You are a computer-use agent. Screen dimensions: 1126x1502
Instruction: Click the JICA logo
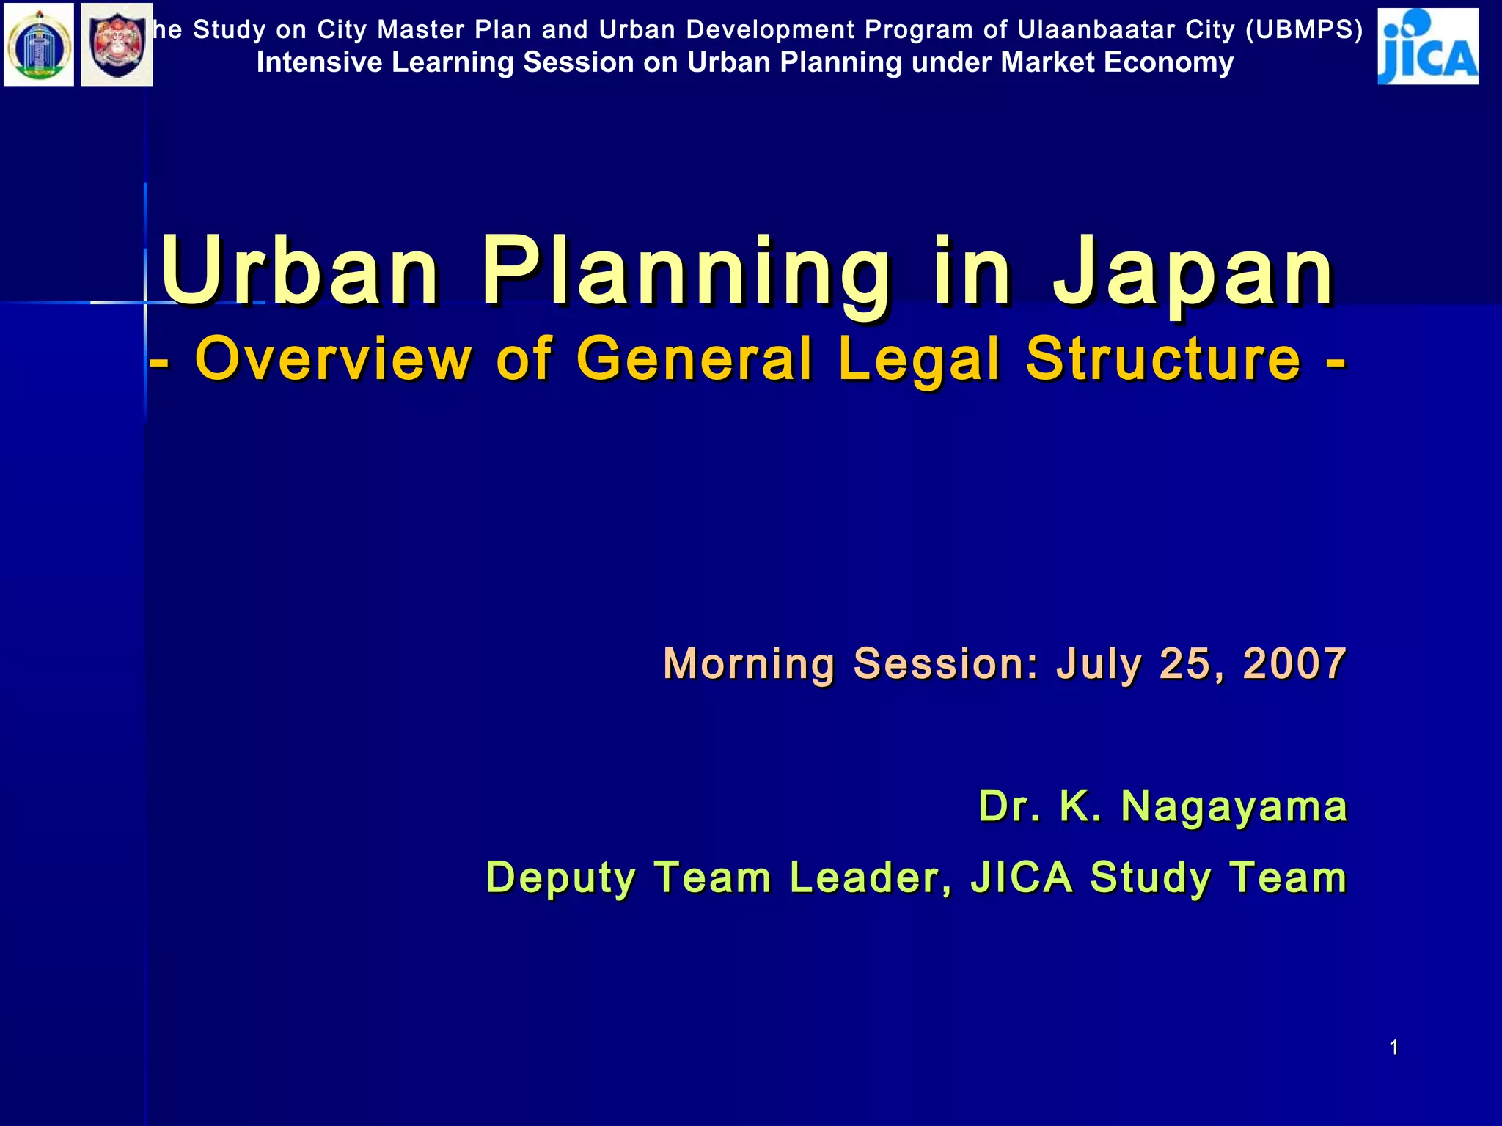(1427, 46)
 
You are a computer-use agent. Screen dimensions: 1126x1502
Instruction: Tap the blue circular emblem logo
(39, 45)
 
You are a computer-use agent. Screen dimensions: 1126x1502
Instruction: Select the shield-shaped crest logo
(117, 45)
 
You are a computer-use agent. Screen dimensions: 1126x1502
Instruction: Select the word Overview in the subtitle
(334, 358)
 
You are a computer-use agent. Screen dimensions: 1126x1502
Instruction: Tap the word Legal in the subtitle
(919, 360)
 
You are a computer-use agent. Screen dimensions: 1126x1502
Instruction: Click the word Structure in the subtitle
(1163, 358)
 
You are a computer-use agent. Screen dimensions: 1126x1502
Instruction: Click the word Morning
(749, 664)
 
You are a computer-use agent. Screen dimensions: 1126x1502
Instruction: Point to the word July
(1099, 664)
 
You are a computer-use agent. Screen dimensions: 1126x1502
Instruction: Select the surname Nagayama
(1234, 807)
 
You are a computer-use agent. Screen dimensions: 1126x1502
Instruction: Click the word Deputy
(560, 878)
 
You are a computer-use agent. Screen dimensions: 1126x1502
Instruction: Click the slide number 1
(1393, 1048)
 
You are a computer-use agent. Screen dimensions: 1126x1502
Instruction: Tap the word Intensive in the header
(319, 62)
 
